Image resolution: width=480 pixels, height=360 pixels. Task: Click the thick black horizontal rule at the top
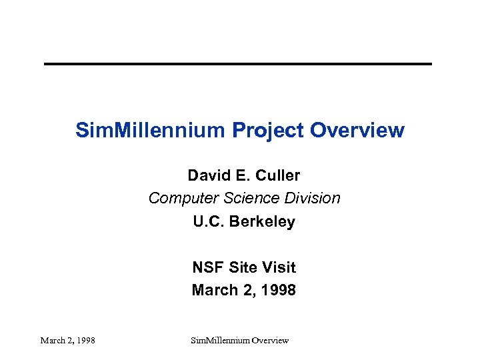(238, 64)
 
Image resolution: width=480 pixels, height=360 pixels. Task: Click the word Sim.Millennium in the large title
(151, 130)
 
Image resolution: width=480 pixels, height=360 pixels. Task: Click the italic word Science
(241, 198)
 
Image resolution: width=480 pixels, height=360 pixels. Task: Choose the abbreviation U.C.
(209, 221)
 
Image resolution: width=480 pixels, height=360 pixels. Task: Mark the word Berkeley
(262, 221)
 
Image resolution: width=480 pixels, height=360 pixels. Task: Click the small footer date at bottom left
(67, 341)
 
